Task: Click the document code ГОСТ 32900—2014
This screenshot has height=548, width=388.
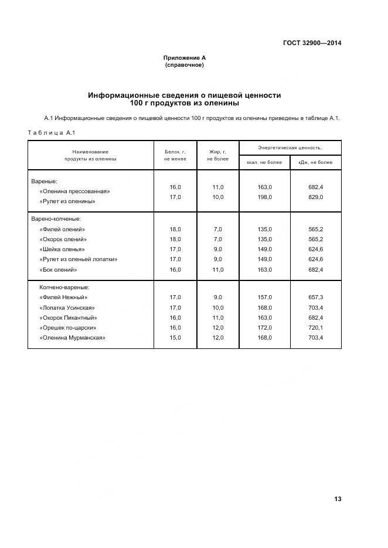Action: coord(312,43)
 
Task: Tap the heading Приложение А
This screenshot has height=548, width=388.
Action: coord(185,58)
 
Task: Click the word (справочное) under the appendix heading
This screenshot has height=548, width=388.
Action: coord(185,65)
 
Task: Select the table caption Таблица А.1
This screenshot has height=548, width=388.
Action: coord(52,132)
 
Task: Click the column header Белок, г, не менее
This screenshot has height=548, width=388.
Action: coord(175,155)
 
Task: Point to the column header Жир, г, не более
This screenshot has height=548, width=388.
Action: coord(217,155)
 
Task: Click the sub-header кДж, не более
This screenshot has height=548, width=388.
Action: coord(315,162)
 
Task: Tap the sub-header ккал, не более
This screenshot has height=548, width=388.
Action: coord(265,162)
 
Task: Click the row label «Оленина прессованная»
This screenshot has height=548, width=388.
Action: coord(74,191)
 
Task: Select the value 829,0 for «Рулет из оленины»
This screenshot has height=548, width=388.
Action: coord(315,197)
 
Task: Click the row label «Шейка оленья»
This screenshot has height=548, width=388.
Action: coord(62,249)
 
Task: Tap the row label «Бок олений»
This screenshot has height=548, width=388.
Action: coord(59,270)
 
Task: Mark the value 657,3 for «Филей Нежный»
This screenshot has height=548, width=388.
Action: coord(315,297)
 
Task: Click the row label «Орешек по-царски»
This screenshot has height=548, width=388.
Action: coord(68,328)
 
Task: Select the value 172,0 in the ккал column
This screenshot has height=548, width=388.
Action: coord(265,328)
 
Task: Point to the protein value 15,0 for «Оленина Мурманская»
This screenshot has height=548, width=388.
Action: coord(175,338)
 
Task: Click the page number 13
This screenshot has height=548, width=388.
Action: coord(338,499)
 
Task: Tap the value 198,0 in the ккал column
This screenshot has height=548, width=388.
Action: coord(265,197)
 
